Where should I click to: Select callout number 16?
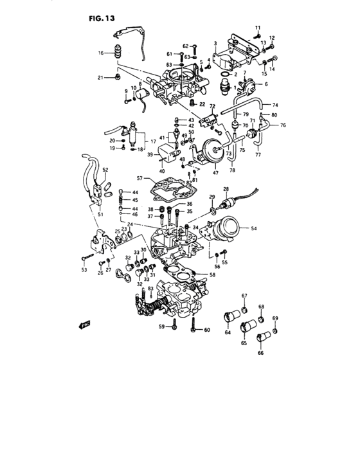pos(101,53)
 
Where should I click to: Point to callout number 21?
pos(101,78)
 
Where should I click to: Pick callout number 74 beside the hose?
pos(274,105)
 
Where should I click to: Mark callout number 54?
pos(253,229)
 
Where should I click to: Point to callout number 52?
pos(105,170)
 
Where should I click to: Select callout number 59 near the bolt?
pos(161,327)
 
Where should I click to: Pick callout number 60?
pos(206,330)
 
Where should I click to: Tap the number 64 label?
pos(227,333)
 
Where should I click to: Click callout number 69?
pos(275,319)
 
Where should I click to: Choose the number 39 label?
pos(149,155)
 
